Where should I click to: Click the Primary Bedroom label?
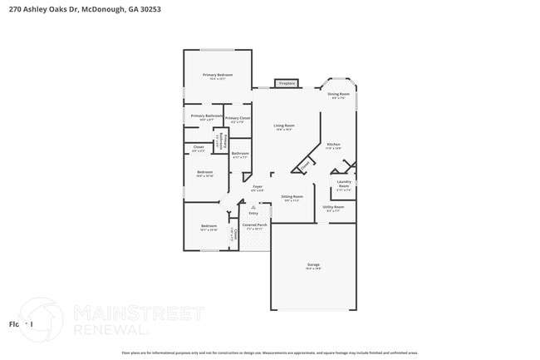point(218,75)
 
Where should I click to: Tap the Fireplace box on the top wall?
point(287,84)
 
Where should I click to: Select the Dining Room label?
point(338,95)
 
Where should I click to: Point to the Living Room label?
point(284,126)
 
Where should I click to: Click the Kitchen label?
point(333,145)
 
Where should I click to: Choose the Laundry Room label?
point(344,185)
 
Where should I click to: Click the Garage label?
point(313,265)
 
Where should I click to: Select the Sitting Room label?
point(292,197)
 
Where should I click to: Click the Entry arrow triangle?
point(253,207)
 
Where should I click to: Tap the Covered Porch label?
point(255,224)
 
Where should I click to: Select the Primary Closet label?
point(238,118)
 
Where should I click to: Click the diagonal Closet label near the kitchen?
point(305,165)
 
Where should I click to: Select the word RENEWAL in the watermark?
point(101,328)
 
